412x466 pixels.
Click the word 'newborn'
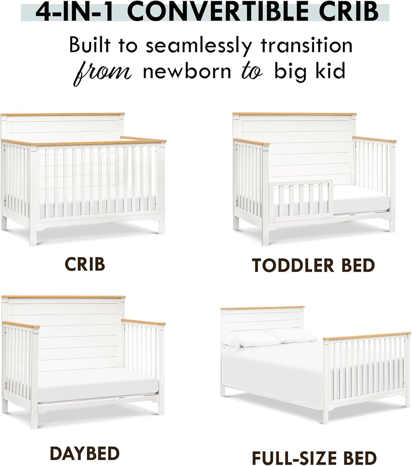187,71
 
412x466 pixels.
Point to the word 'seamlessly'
198,46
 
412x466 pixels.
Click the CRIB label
85,264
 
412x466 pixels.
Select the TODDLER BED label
313,265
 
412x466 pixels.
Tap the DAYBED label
85,453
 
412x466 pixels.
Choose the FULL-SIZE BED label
314,458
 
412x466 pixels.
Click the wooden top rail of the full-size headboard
263,308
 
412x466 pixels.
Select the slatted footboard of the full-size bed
367,367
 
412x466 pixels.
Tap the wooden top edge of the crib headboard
62,114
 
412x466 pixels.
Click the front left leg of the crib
33,236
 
